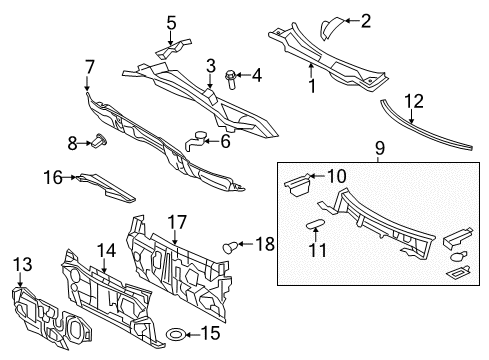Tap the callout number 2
pos(366,20)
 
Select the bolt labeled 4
pos(231,74)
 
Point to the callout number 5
pos(171,22)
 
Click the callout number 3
pos(211,66)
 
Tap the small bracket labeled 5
pos(172,44)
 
